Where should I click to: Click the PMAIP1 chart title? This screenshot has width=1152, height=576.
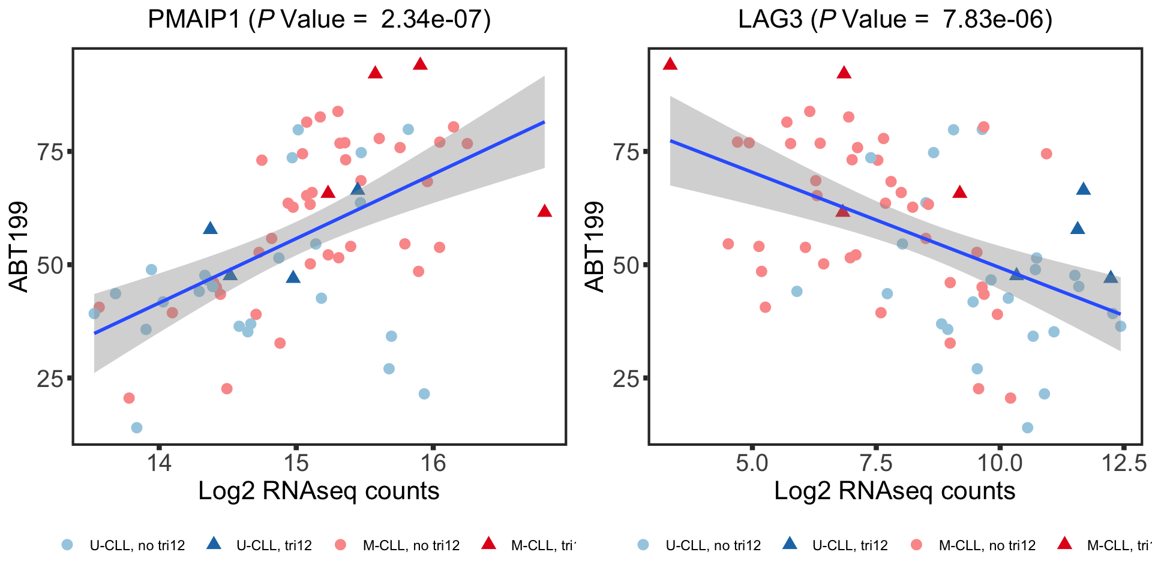pos(319,20)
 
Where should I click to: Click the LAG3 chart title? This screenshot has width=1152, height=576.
pos(895,20)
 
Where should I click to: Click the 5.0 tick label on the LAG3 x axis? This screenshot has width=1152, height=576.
pos(751,463)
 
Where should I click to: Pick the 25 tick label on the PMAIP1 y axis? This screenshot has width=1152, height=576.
pos(50,379)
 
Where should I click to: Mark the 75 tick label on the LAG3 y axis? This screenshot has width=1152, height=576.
pos(626,152)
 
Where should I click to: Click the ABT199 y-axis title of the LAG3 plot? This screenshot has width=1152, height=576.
pos(595,247)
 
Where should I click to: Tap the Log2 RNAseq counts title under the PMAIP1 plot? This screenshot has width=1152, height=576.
pos(319,491)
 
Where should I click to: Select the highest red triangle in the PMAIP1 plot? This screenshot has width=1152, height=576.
pos(420,64)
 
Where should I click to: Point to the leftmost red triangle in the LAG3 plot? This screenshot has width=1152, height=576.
pos(670,64)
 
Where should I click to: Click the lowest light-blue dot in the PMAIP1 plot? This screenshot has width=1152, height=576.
pos(137,428)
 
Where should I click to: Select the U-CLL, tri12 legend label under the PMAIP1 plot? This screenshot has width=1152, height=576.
pos(274,545)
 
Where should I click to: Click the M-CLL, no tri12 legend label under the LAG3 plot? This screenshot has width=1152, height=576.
pos(987,545)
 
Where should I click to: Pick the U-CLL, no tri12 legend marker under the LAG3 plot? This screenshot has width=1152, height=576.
pos(643,545)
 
